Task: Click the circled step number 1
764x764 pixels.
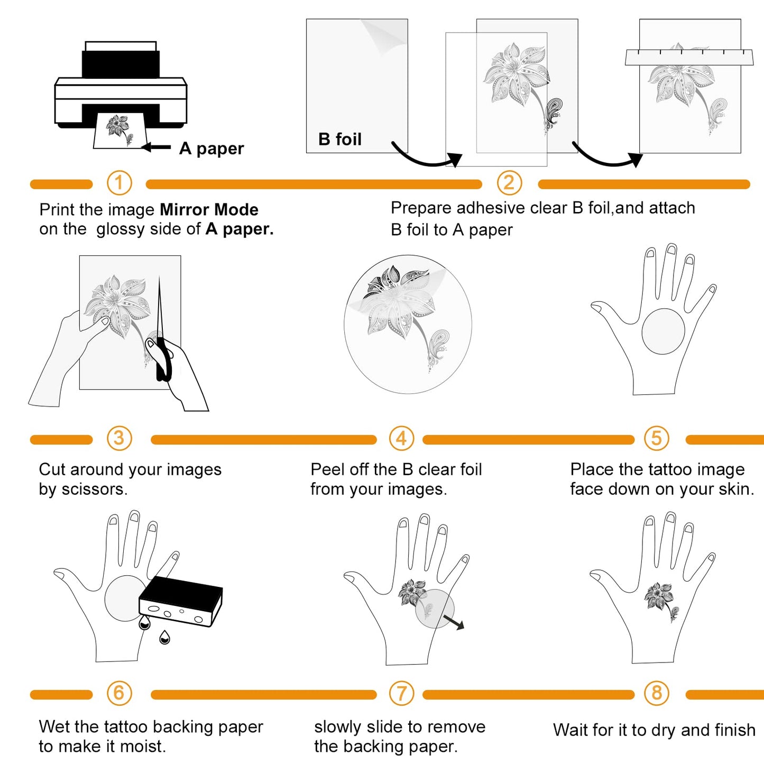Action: [x=119, y=183]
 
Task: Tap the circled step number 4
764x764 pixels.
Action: [x=401, y=438]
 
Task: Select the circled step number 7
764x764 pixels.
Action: [x=401, y=693]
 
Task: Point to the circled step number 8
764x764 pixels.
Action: [x=657, y=693]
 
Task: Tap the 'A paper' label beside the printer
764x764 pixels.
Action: [x=211, y=149]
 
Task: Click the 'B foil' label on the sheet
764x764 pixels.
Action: [x=340, y=139]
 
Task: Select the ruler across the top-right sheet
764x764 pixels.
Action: [x=689, y=57]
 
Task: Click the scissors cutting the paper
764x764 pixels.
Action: [x=162, y=338]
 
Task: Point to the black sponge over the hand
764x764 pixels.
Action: [x=180, y=601]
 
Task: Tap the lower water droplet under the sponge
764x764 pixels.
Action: [x=164, y=638]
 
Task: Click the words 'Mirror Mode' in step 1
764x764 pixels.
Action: [x=209, y=209]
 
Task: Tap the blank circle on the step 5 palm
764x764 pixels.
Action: [x=663, y=331]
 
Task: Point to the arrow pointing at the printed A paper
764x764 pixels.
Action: [x=157, y=147]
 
